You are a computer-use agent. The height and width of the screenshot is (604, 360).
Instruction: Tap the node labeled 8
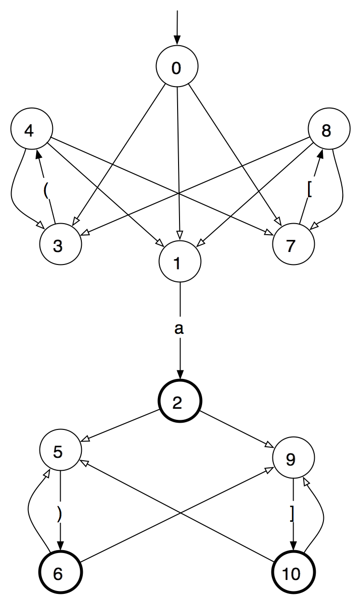click(325, 132)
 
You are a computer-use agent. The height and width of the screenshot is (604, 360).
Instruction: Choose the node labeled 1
click(180, 264)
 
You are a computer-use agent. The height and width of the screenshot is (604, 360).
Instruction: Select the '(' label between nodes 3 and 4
click(46, 190)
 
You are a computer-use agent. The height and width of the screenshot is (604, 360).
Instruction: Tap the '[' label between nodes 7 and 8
click(309, 190)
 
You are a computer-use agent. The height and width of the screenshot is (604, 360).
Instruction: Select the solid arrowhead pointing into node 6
click(60, 550)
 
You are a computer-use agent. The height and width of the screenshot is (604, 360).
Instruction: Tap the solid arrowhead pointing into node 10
click(293, 550)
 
